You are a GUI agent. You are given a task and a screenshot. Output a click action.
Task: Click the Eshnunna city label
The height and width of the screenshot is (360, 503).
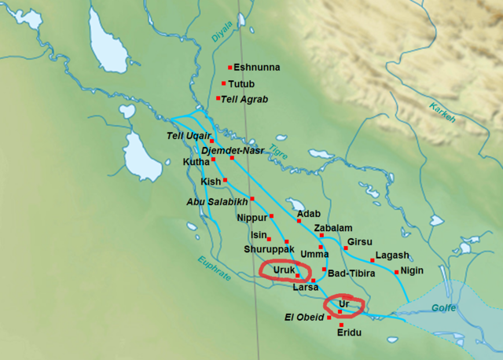[x=256, y=68]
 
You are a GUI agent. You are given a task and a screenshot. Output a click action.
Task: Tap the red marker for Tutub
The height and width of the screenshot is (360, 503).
[x=223, y=83]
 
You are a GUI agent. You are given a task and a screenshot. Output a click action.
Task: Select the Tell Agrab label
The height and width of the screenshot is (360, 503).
[x=244, y=99]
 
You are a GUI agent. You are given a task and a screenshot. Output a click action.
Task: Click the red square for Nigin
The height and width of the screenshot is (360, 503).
[x=396, y=272]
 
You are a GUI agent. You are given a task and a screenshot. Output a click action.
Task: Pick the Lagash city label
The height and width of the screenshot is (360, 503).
[x=392, y=255]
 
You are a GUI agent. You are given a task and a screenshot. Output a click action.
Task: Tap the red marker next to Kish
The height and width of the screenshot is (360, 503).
[x=225, y=181]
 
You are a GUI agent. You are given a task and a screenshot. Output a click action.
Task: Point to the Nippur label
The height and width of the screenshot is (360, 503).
[x=252, y=217]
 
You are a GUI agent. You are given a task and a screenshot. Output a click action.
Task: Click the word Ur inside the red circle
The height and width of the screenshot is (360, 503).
[x=343, y=303]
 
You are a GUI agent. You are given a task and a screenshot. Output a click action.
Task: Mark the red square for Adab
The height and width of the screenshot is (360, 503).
[x=299, y=221]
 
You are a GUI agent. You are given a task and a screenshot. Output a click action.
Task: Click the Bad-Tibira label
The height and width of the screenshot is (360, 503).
[x=350, y=273]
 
